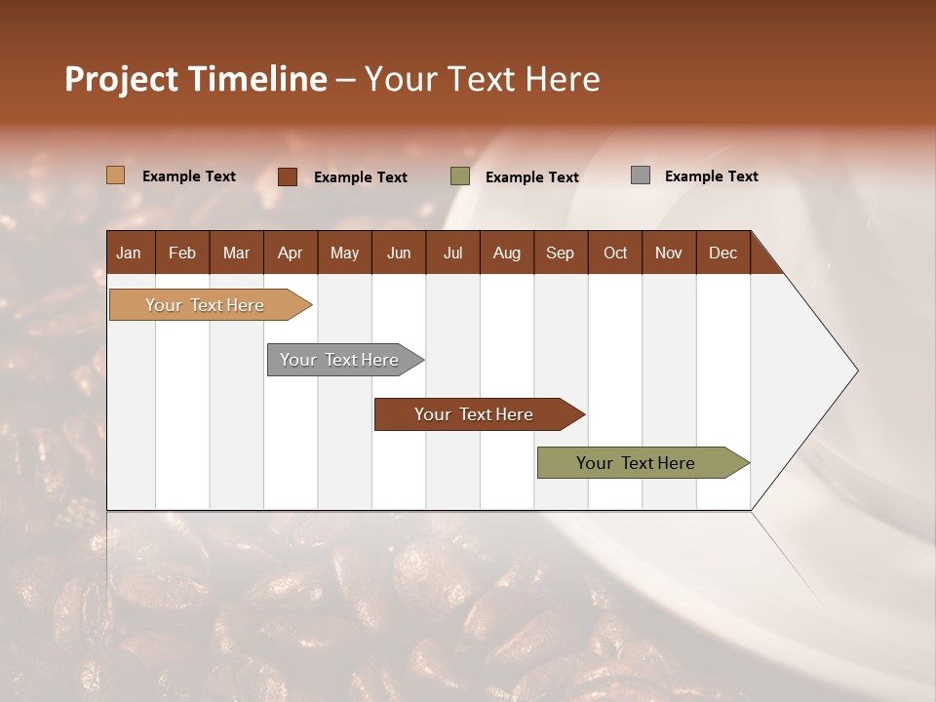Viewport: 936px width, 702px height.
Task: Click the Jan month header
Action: coord(130,253)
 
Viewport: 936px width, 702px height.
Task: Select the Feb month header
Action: coord(182,253)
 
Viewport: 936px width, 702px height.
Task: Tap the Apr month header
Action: coord(290,253)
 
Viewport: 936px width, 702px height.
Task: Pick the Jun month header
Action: coord(399,253)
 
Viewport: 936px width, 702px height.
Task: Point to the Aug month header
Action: coord(506,253)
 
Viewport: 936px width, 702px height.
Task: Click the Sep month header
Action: coord(560,253)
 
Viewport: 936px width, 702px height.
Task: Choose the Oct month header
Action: coord(615,253)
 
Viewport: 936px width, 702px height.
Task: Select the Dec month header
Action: coord(722,253)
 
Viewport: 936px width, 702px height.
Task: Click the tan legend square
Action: coord(116,175)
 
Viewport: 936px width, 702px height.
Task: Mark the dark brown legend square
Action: coord(288,176)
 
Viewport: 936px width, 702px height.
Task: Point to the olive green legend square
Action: coord(460,176)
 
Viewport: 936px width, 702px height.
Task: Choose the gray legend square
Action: coord(641,175)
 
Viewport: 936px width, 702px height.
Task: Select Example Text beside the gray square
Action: coord(711,176)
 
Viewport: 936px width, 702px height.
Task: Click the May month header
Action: coord(344,253)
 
